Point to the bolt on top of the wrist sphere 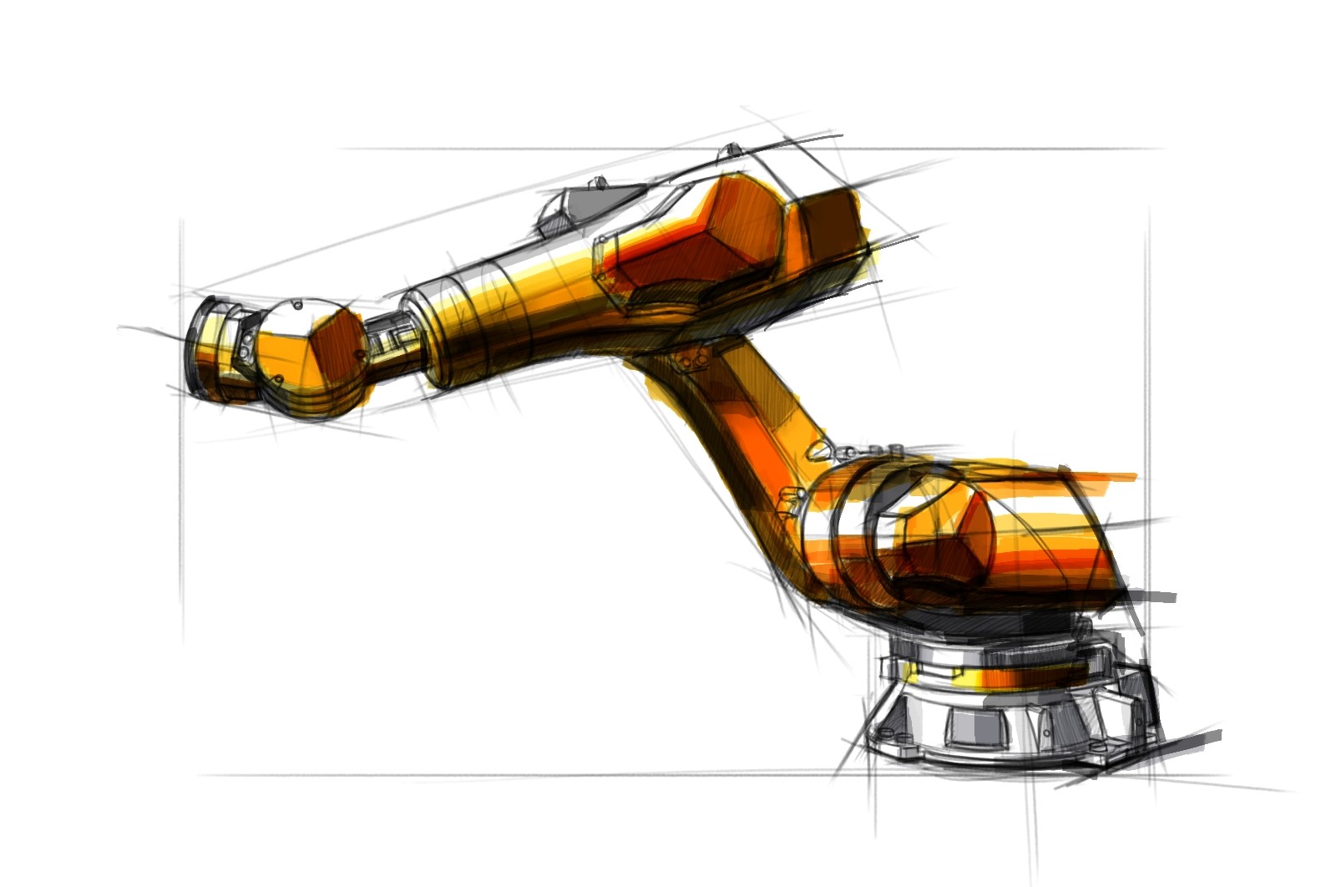click(x=297, y=306)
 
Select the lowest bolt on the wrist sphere click(x=277, y=382)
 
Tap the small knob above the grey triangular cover click(x=598, y=181)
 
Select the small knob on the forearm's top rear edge click(x=732, y=150)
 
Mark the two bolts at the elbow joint click(x=693, y=360)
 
